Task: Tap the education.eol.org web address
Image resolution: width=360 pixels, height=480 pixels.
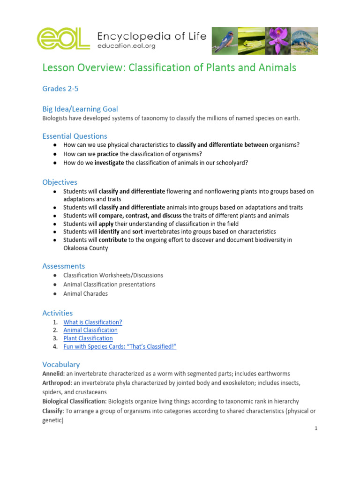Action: (x=127, y=46)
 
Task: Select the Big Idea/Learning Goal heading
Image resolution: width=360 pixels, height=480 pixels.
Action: (x=80, y=109)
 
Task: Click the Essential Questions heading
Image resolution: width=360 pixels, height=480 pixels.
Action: (x=75, y=136)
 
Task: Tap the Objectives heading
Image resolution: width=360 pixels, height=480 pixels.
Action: (x=60, y=182)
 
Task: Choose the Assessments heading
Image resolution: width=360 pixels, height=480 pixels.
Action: (x=64, y=266)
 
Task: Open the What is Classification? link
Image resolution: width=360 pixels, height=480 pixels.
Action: (x=93, y=322)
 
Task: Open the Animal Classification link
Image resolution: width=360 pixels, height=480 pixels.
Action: (x=90, y=330)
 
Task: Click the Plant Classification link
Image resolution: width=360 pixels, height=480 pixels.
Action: (x=88, y=338)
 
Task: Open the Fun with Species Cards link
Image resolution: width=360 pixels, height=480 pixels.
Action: (x=120, y=346)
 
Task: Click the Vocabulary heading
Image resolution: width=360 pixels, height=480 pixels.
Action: (x=61, y=364)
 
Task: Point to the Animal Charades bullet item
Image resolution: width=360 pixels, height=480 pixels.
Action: (x=85, y=293)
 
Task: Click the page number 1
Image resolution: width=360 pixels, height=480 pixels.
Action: (x=316, y=428)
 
